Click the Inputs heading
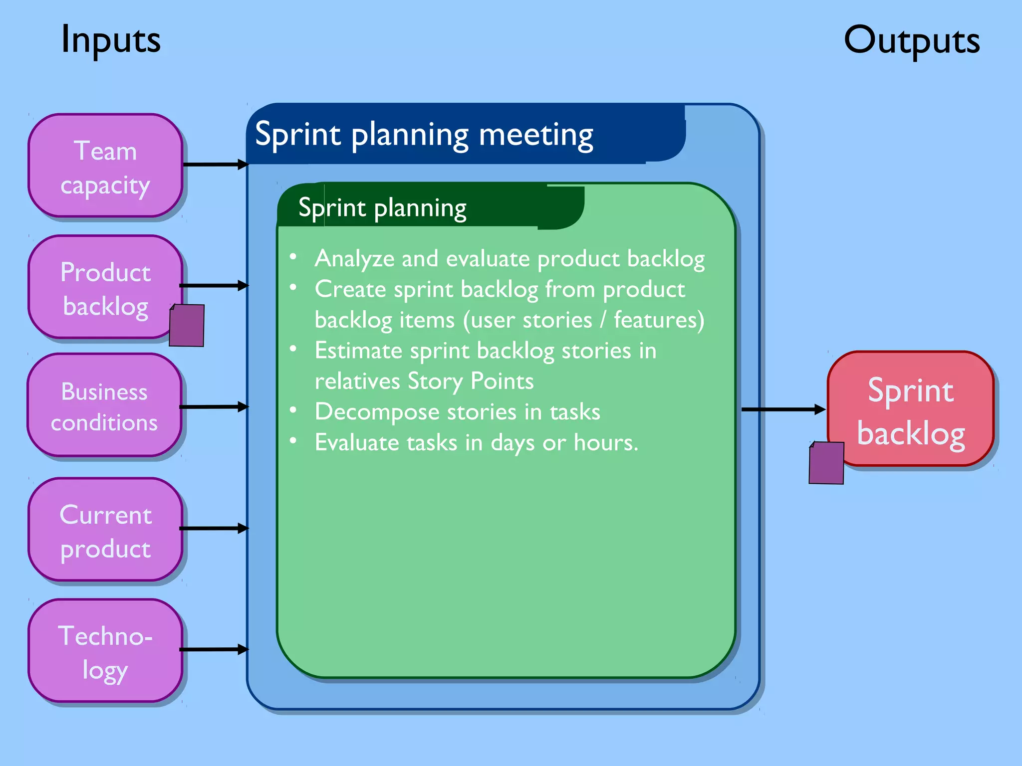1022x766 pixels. pyautogui.click(x=111, y=40)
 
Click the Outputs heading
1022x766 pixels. pyautogui.click(x=911, y=41)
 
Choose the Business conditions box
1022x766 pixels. pyautogui.click(x=104, y=406)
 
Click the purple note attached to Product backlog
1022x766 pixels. pyautogui.click(x=187, y=325)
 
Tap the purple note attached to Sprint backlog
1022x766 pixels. pyautogui.click(x=826, y=463)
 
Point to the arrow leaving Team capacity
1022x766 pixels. pyautogui.click(x=215, y=164)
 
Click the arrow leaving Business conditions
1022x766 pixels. pyautogui.click(x=214, y=407)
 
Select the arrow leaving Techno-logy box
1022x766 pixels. pyautogui.click(x=214, y=649)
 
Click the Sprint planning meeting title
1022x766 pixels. pyautogui.click(x=424, y=135)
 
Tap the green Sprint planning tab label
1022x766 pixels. pyautogui.click(x=382, y=208)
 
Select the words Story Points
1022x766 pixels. pyautogui.click(x=471, y=382)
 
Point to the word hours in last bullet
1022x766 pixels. pyautogui.click(x=604, y=443)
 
